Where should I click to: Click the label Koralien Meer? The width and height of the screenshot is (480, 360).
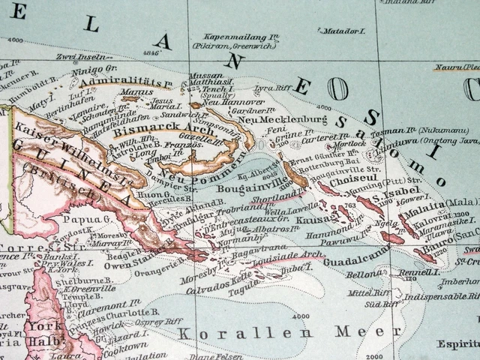coord(274,332)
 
